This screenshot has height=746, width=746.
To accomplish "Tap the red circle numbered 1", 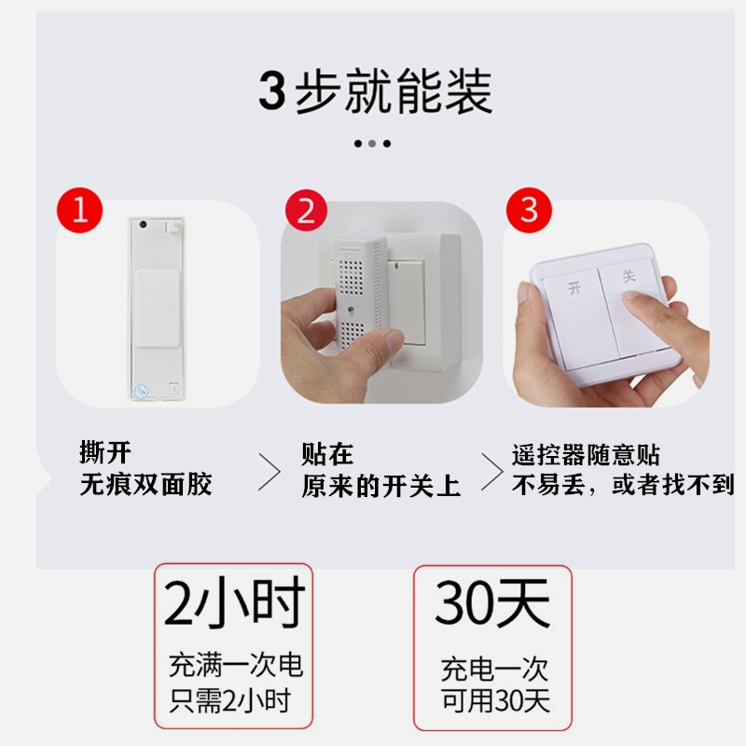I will tap(81, 210).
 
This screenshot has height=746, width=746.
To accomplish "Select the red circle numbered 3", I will tap(530, 209).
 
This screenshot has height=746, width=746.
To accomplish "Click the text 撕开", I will tap(105, 454).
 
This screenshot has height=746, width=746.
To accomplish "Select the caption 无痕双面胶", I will tap(145, 484).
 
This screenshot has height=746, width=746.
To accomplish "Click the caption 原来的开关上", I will tap(380, 486).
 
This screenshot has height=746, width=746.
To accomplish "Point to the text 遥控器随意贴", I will tap(586, 455).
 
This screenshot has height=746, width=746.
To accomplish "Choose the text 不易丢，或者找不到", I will tap(623, 485).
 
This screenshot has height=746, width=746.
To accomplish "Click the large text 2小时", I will tap(233, 604).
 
